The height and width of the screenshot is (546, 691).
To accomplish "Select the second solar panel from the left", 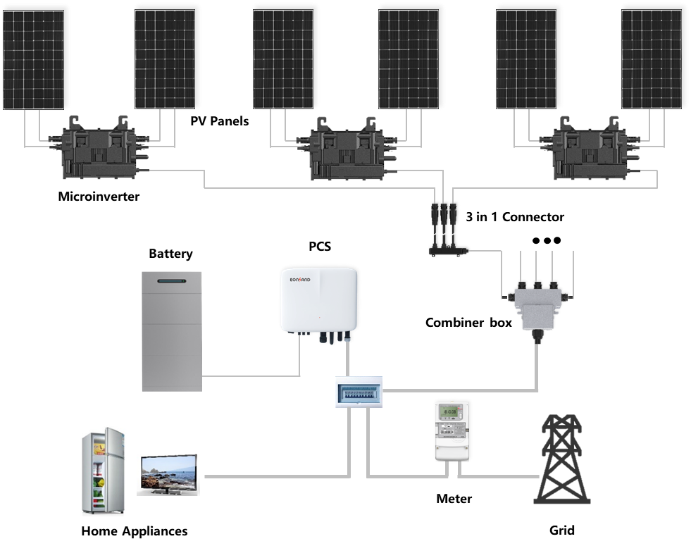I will pyautogui.click(x=164, y=56).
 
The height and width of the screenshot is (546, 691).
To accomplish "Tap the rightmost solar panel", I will pyautogui.click(x=652, y=56).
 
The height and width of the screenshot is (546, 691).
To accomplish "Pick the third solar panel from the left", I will pyautogui.click(x=282, y=56).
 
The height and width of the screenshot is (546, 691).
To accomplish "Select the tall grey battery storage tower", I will pyautogui.click(x=172, y=331).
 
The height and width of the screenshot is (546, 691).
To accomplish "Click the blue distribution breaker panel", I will pyautogui.click(x=359, y=391).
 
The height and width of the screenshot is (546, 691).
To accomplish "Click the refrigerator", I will pyautogui.click(x=104, y=470).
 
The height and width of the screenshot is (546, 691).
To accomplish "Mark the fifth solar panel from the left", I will pyautogui.click(x=528, y=56).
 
